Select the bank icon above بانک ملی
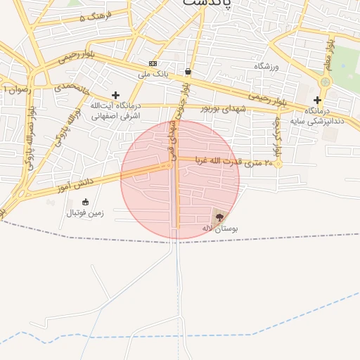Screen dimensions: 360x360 click(x=153, y=63)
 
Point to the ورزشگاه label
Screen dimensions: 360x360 click(x=266, y=66)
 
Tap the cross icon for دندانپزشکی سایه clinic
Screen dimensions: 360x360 click(x=317, y=100)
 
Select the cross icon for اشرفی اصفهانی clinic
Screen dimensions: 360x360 click(x=115, y=95)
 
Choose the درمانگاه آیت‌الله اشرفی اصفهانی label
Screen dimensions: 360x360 click(x=115, y=110)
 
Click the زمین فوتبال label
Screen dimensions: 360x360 click(x=85, y=212)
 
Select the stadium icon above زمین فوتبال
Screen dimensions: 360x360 click(x=85, y=202)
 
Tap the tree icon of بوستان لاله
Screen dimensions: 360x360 click(x=220, y=217)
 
